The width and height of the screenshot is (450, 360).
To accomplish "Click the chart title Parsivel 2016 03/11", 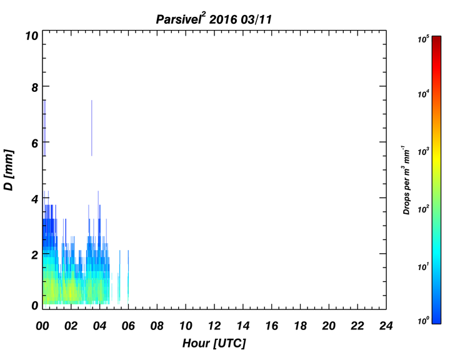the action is [x=214, y=19].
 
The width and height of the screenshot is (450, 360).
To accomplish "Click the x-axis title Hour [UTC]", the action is [x=214, y=343].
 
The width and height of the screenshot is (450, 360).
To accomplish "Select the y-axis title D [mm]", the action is [x=9, y=170].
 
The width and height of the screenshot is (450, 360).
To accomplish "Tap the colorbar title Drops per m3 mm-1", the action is [x=406, y=180].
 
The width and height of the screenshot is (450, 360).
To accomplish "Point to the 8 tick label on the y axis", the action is [x=35, y=87].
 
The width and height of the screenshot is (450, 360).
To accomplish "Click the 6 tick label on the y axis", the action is [x=35, y=143].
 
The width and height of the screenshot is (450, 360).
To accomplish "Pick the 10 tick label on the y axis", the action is [x=32, y=36].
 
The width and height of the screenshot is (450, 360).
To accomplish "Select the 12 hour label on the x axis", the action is [x=214, y=326].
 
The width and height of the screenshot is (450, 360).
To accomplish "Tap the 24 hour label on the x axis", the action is [x=386, y=326].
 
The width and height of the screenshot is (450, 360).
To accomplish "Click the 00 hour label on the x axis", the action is [x=42, y=326].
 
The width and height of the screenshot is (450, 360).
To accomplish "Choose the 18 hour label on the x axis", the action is [x=300, y=326].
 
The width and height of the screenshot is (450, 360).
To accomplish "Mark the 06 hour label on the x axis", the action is [x=128, y=326].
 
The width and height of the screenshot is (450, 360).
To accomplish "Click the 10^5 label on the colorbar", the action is [x=423, y=39].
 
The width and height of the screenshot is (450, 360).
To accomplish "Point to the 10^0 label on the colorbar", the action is [x=423, y=320].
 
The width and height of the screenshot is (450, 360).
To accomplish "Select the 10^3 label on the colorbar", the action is [x=423, y=151].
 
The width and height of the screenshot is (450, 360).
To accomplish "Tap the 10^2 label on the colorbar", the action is [x=423, y=209].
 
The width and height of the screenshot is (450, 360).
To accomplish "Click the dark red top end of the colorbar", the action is [x=436, y=38].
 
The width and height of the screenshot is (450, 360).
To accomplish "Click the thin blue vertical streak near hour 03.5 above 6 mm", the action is [x=91, y=127].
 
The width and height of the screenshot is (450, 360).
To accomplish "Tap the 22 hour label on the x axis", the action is [x=357, y=326].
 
